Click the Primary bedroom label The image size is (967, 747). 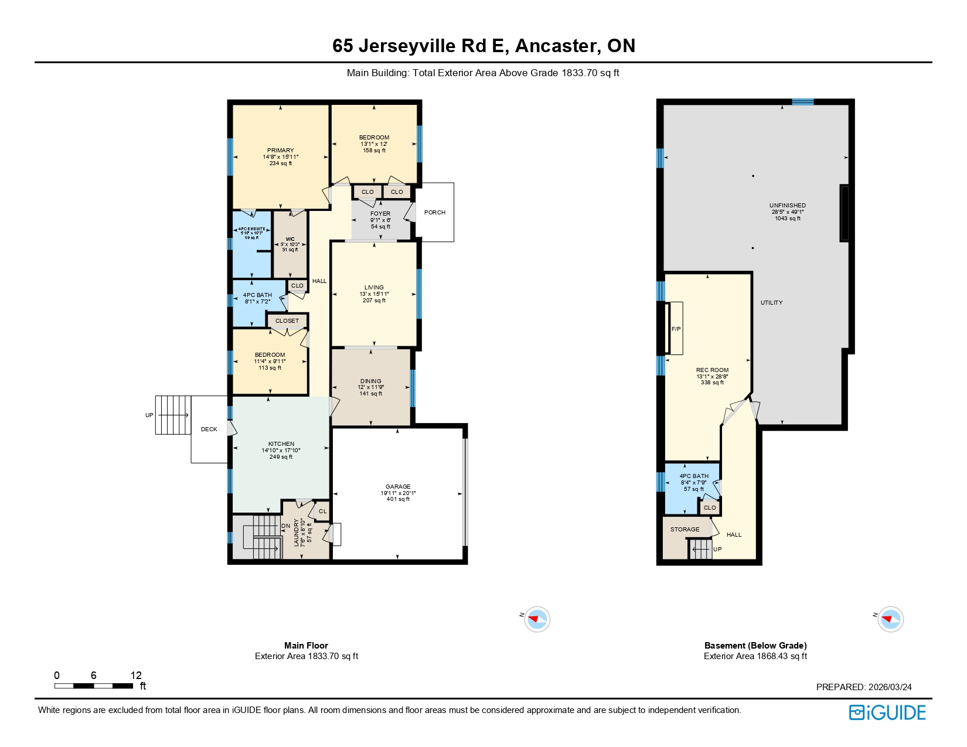(280, 151)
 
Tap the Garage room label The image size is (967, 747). (398, 487)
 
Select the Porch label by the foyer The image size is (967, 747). (435, 213)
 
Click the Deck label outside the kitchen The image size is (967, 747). (209, 429)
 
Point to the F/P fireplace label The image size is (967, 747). (676, 329)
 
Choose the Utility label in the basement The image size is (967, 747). (771, 303)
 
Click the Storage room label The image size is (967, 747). (685, 530)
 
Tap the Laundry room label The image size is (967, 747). (296, 533)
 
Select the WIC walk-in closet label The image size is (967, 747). (290, 239)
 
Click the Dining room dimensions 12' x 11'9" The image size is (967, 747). (371, 387)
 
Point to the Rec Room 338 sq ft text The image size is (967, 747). (712, 383)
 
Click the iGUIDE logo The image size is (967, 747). (887, 712)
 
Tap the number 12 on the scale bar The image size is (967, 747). (136, 676)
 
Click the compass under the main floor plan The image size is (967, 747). (537, 619)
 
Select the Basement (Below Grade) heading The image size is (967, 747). (755, 646)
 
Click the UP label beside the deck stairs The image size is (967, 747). (149, 415)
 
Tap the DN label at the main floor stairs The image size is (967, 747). (286, 526)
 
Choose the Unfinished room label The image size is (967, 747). (787, 206)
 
